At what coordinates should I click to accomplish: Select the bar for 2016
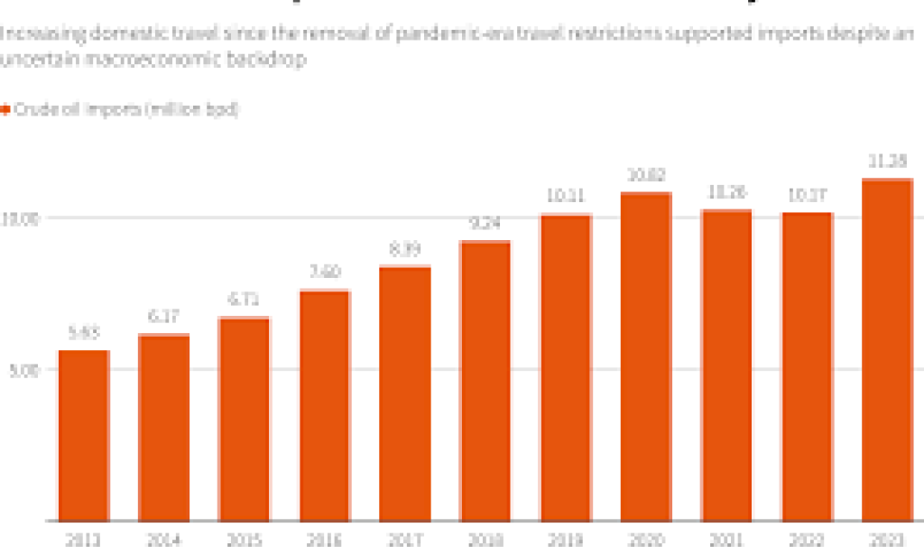325,406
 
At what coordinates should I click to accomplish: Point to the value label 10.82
646,175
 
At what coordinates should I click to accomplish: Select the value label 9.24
485,223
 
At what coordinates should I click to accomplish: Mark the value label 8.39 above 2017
405,248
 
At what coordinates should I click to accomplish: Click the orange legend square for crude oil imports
5,109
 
